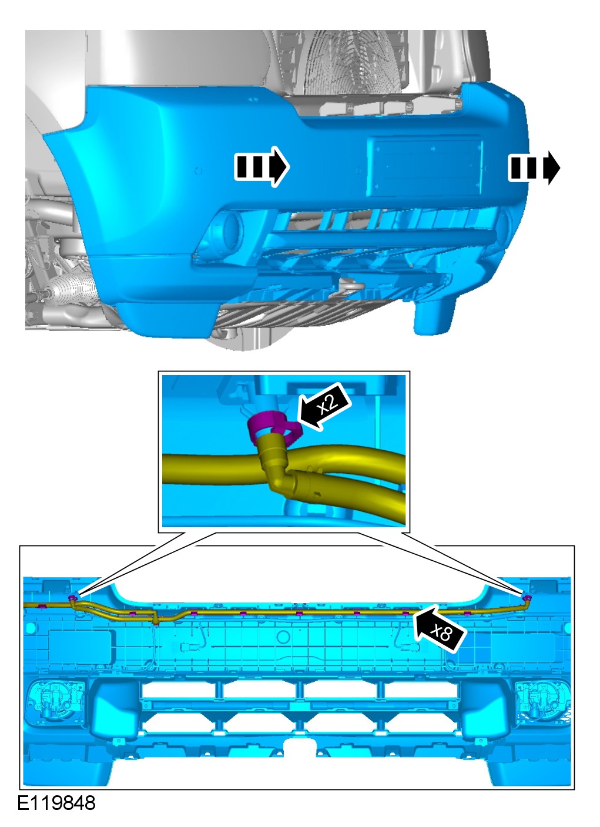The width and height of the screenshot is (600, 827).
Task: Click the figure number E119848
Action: pos(56,813)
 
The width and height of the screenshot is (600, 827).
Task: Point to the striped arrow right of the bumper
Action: pos(534,168)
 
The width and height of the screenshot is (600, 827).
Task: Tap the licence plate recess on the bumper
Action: pos(424,166)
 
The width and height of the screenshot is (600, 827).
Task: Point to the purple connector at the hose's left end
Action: pos(73,597)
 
